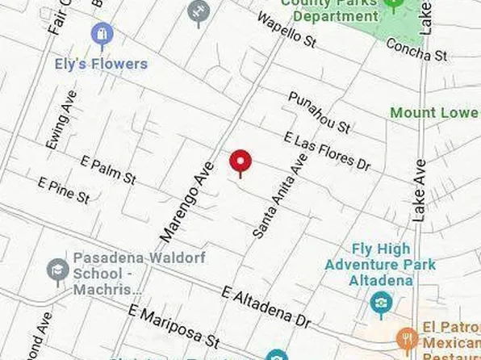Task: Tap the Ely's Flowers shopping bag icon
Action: pos(102,35)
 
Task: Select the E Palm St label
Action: pos(108,170)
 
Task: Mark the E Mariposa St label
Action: pos(174,327)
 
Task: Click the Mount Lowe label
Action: pos(434,112)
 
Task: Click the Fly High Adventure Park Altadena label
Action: pos(381,265)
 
